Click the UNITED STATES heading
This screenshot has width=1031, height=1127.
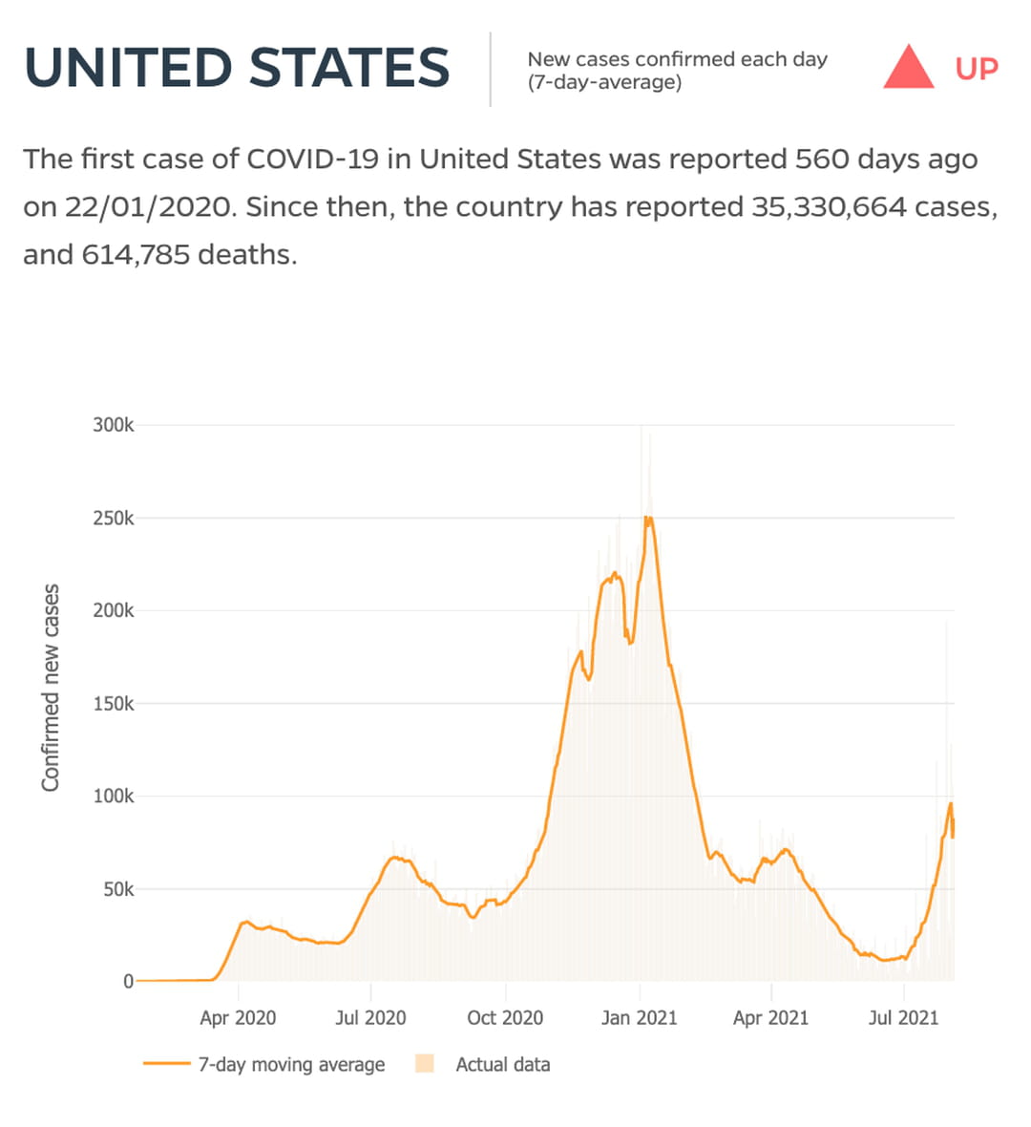click(237, 68)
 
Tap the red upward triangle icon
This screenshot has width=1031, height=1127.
click(908, 68)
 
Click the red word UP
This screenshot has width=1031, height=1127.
click(977, 69)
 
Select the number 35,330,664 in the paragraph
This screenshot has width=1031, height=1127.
click(829, 207)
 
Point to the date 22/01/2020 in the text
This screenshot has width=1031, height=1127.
click(149, 207)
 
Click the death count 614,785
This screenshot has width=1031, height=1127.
click(135, 255)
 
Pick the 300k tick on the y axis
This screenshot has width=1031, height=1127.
click(113, 425)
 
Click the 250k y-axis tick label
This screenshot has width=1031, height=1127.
click(113, 519)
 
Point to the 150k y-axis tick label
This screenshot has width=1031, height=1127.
click(113, 704)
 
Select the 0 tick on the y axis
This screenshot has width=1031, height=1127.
click(128, 982)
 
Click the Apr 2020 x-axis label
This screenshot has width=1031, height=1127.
click(238, 1018)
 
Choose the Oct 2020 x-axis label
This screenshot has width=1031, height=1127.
click(504, 1018)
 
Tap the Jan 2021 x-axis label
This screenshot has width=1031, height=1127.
click(639, 1018)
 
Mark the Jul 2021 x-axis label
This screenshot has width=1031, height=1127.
click(903, 1018)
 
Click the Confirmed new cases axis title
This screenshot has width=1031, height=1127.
click(51, 688)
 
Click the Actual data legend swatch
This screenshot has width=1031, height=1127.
click(425, 1064)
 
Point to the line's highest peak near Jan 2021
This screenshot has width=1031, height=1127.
click(648, 518)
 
